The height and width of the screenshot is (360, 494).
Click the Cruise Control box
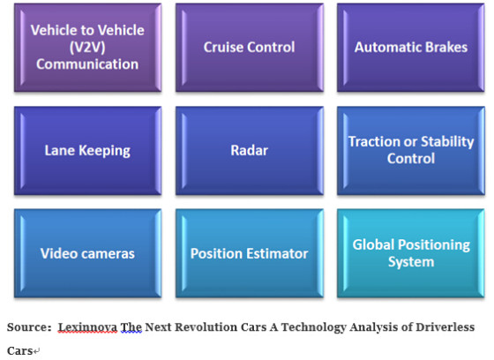[x=250, y=48]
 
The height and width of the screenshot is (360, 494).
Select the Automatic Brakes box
[x=411, y=48]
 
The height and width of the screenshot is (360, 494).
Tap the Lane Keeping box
[x=88, y=151]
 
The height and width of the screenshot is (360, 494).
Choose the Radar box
[x=250, y=151]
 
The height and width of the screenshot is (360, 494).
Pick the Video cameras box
[x=88, y=253]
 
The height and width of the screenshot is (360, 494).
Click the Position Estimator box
[x=250, y=253]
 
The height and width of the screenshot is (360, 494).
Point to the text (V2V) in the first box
[x=87, y=48]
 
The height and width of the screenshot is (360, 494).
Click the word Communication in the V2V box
[x=87, y=64]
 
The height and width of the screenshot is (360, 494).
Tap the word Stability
[x=447, y=142]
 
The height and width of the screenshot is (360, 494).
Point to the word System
[x=411, y=262]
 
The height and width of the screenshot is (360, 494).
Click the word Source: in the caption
[x=29, y=326]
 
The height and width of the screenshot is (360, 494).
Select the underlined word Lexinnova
[x=87, y=327]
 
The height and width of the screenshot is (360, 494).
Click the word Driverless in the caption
[x=445, y=326]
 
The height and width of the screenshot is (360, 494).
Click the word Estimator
[x=278, y=253]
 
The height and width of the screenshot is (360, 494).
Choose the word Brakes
[x=446, y=48]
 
